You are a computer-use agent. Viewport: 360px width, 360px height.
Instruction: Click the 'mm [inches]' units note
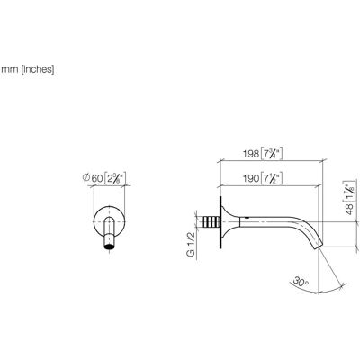coord(28,69)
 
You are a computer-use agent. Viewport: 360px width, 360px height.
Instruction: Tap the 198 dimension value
coord(251,154)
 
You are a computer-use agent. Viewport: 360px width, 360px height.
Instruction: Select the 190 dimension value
coord(251,178)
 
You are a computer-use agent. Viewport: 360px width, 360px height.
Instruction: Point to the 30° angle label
coord(301,282)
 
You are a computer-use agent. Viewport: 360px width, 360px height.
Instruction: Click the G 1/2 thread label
coord(191,245)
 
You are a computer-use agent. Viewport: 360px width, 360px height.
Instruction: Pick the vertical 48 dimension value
coord(350,209)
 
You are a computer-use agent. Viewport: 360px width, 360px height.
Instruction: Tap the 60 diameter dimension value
coord(96,178)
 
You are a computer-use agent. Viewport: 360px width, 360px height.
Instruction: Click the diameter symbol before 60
coord(85,178)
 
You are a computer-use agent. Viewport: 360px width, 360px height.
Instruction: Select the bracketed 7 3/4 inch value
coord(272,154)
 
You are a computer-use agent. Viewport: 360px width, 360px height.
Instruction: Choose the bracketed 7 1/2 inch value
coord(272,178)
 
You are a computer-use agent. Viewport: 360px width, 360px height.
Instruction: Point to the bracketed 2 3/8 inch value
coord(115,178)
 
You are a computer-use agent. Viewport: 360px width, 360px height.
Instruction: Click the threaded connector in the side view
coord(211,222)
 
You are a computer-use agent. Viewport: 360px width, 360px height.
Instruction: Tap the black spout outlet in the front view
coord(109,247)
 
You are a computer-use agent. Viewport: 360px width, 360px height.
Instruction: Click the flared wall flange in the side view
coord(230,222)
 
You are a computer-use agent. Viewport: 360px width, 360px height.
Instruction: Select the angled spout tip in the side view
coord(318,245)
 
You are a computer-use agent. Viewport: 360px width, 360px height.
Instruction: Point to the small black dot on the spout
coord(247,217)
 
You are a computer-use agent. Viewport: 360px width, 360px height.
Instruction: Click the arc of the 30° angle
coord(332,289)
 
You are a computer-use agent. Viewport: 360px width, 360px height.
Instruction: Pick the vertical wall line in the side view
coord(220,222)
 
